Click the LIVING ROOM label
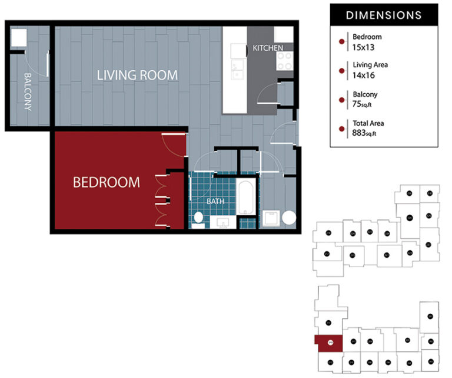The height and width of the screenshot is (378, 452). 137,75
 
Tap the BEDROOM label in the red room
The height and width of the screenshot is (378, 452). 107,182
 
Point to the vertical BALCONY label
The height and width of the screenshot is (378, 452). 27,91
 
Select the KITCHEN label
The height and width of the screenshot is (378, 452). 268,48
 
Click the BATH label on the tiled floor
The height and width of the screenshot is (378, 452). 215,201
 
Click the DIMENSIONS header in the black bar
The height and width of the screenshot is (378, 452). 383,15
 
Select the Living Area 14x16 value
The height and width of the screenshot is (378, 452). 364,75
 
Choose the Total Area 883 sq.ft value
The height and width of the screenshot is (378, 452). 364,133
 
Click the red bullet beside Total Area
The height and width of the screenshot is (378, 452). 341,129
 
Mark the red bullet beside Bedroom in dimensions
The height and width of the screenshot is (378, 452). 341,42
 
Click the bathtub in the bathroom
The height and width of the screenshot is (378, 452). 247,200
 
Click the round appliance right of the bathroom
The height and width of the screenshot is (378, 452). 289,218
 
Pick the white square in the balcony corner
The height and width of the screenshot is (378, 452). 18,37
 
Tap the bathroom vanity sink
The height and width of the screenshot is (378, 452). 223,222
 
